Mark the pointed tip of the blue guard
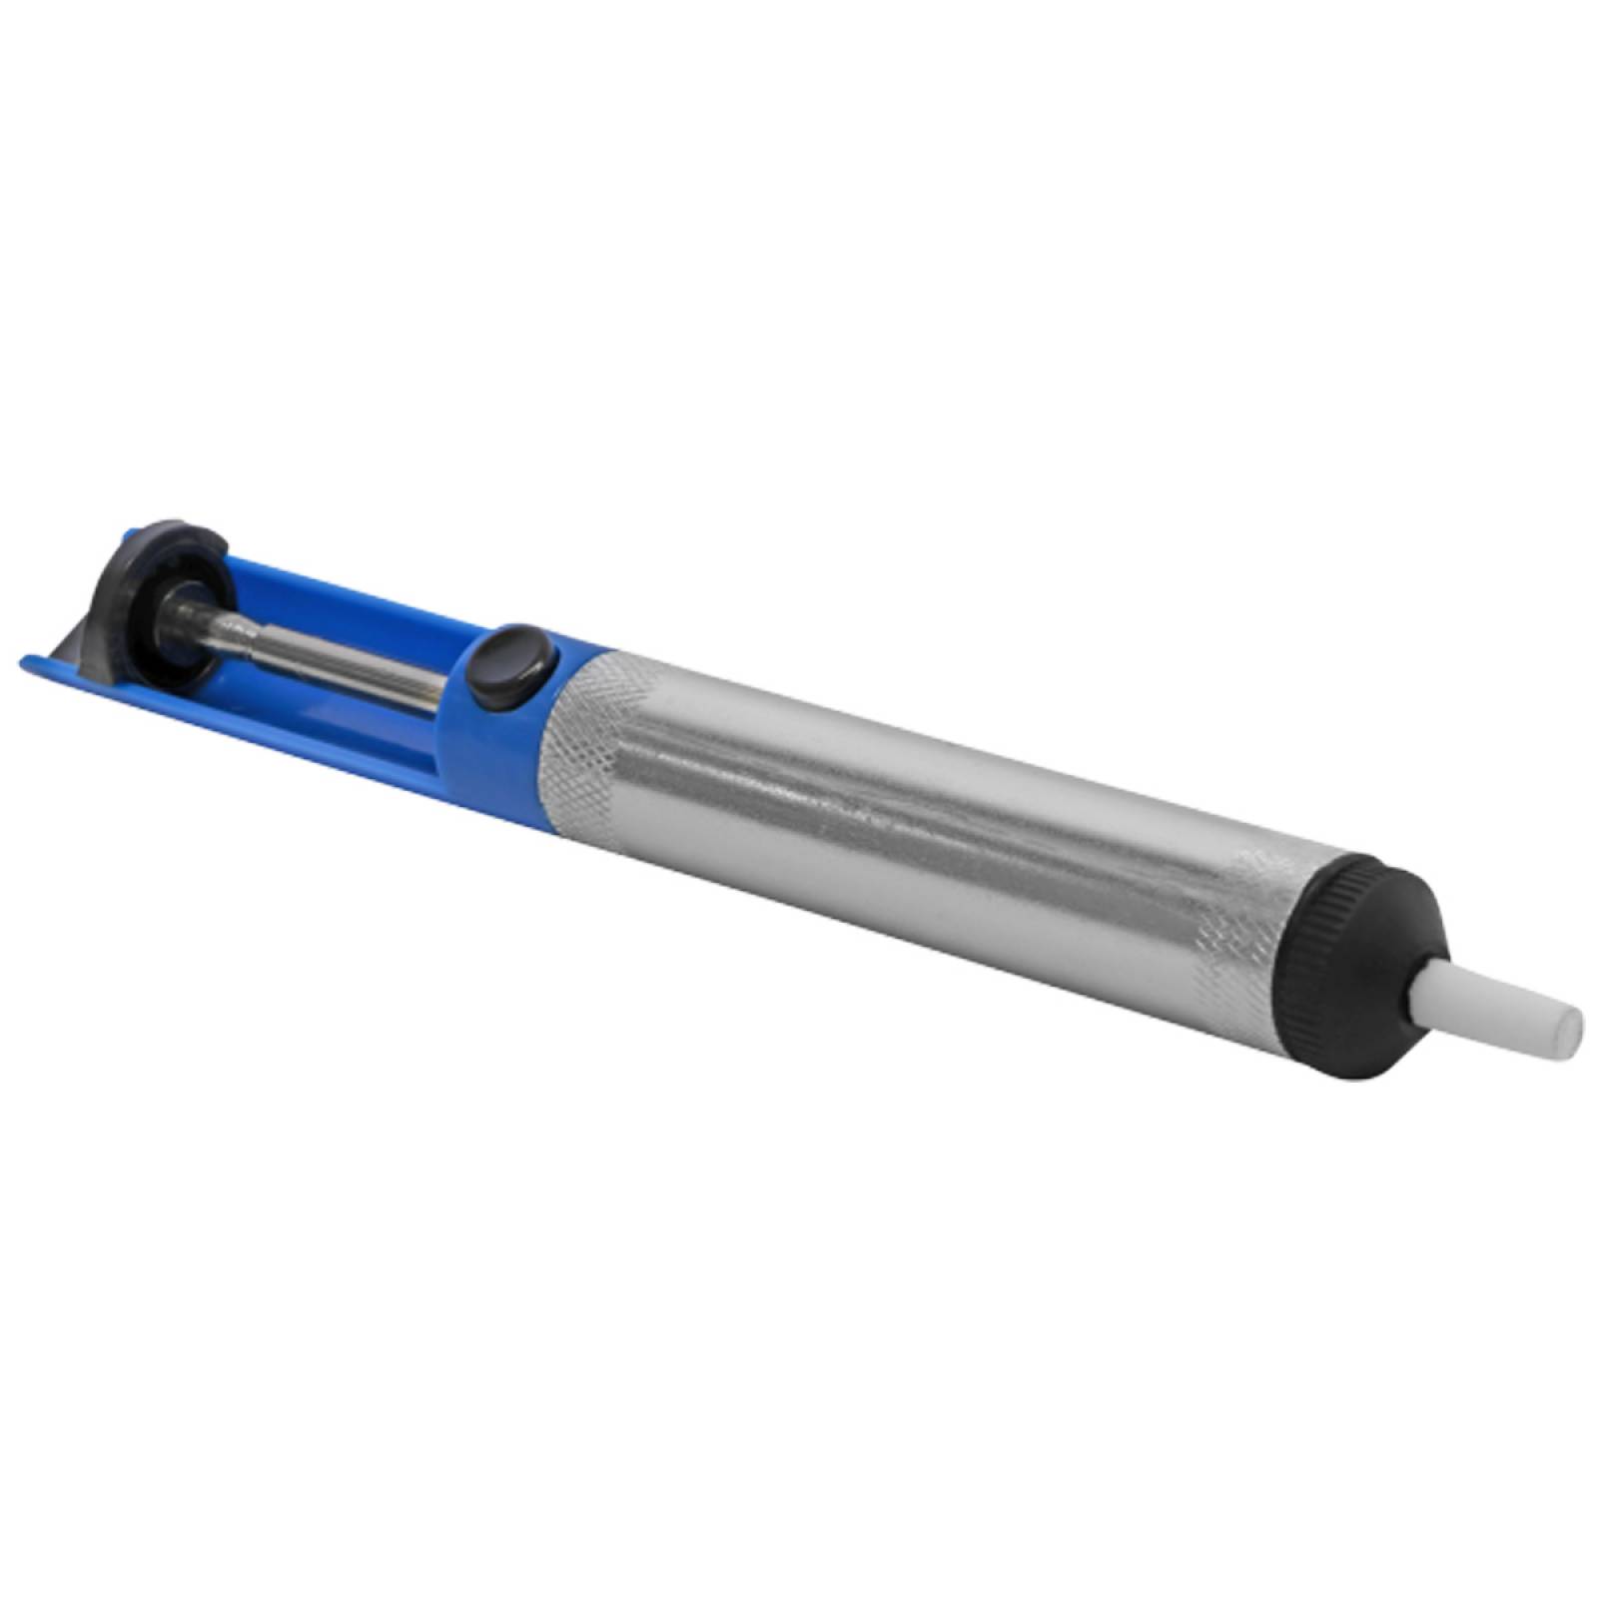click(30, 659)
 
